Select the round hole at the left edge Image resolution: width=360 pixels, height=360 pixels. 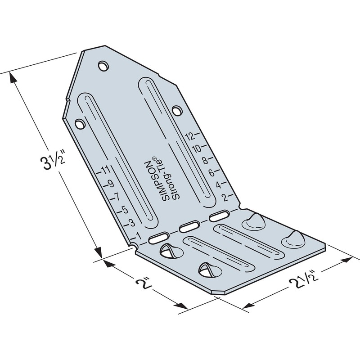coord(80,122)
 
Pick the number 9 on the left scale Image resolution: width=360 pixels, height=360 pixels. coord(110,183)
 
